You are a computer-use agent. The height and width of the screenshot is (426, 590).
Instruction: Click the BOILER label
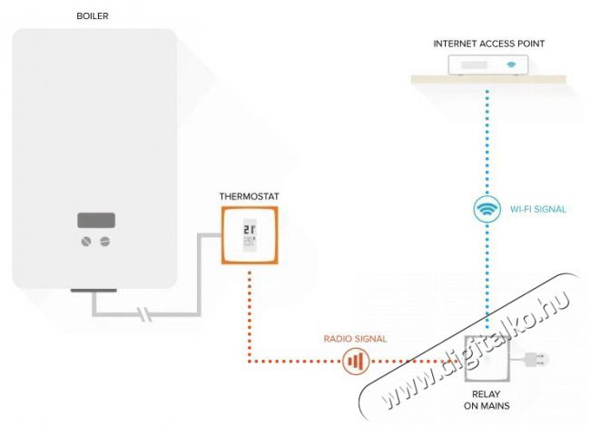(93, 15)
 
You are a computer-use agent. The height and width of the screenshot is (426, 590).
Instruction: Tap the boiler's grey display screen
(96, 221)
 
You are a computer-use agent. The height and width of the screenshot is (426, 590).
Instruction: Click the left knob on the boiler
(87, 241)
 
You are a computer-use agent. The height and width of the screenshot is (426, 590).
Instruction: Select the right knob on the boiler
(105, 241)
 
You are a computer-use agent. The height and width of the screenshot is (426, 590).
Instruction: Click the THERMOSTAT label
(249, 195)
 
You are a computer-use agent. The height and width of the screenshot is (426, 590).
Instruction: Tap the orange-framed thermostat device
(250, 235)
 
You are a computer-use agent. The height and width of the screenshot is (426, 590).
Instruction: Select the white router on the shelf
(488, 64)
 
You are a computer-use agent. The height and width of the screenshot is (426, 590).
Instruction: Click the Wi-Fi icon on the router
(512, 64)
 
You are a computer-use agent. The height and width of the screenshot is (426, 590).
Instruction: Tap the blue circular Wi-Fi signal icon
(487, 209)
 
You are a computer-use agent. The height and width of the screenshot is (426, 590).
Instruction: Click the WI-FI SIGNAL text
(537, 210)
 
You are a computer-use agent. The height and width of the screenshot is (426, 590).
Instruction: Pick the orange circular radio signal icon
(355, 362)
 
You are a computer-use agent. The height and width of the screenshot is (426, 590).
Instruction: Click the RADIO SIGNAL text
(355, 338)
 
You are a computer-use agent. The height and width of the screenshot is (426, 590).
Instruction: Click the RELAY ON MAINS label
(487, 401)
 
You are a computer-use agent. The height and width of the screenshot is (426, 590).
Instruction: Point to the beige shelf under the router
(487, 80)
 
